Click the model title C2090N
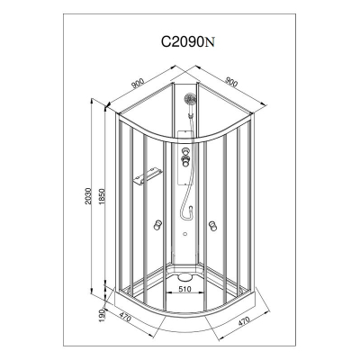coord(188,42)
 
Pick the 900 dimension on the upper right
coord(231,81)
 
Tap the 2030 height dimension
coord(87,196)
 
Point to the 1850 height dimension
coord(101,196)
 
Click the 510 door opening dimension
coord(184,289)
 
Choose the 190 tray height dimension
coord(101,315)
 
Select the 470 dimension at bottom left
coord(125,316)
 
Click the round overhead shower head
coord(190,98)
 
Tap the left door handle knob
coord(157,225)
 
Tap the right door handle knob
coord(212,226)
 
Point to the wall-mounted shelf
coord(148,176)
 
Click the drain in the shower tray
coord(184,276)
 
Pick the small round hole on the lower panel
coord(184,234)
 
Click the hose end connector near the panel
coord(190,208)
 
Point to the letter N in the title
coord(210,42)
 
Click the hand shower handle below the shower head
coord(191,111)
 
